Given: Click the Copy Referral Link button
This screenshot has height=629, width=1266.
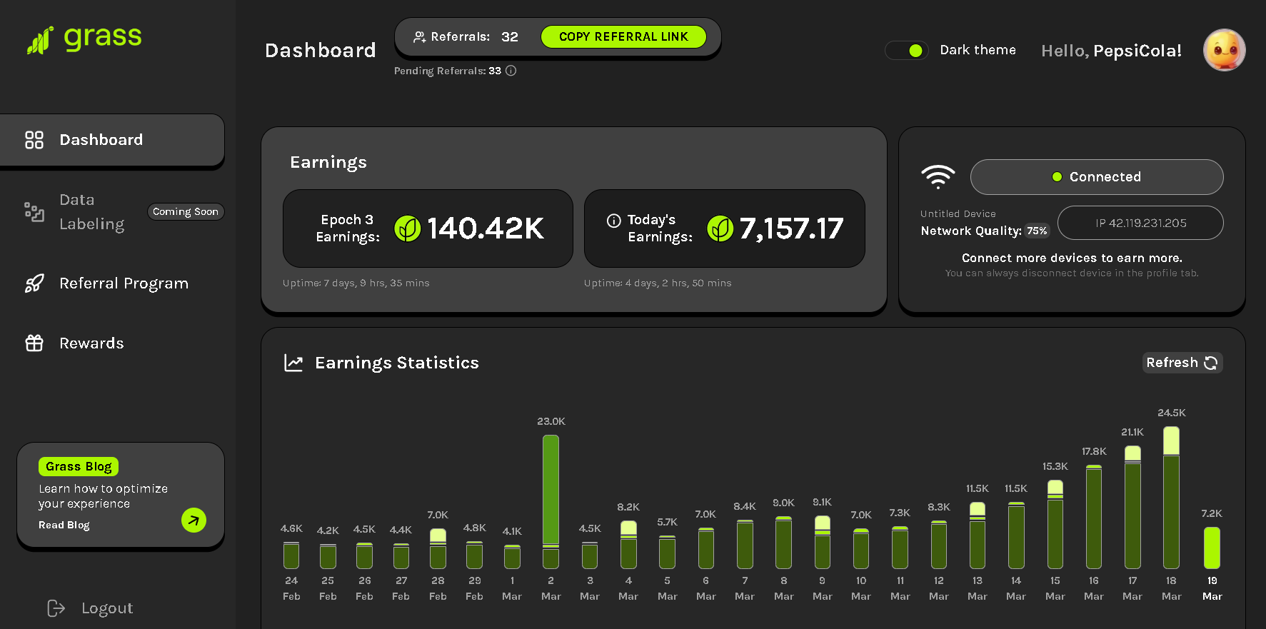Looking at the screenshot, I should point(623,36).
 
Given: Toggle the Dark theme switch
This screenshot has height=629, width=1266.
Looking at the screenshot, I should point(907,51).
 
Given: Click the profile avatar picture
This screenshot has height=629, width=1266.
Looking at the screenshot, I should point(1224,50).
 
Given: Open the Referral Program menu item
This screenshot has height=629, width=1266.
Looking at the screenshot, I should point(124,283).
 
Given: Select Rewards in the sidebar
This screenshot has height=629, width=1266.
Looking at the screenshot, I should point(91,343).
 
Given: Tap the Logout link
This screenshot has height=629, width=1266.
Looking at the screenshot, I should point(106,608).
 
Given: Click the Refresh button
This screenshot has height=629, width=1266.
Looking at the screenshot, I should point(1182,363).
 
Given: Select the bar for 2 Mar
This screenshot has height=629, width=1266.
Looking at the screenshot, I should point(551,500).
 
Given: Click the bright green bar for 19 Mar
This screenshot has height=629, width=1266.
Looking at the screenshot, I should point(1212,548).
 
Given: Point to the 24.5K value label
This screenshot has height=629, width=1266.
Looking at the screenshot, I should point(1171,413).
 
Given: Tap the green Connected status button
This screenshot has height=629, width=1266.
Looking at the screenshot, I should point(1096,177).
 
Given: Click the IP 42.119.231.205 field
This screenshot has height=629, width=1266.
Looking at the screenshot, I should point(1140,223).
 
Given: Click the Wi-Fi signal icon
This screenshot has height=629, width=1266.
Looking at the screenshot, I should point(938,176).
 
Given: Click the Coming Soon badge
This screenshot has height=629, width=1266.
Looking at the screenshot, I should point(186,212).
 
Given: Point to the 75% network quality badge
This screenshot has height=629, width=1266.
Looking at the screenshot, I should point(1037,231).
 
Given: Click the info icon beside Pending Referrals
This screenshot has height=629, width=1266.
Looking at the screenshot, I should point(511,71).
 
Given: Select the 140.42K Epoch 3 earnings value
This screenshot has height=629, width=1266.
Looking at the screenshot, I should point(486,228).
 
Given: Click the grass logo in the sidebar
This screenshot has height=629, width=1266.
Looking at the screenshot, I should point(84,39).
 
